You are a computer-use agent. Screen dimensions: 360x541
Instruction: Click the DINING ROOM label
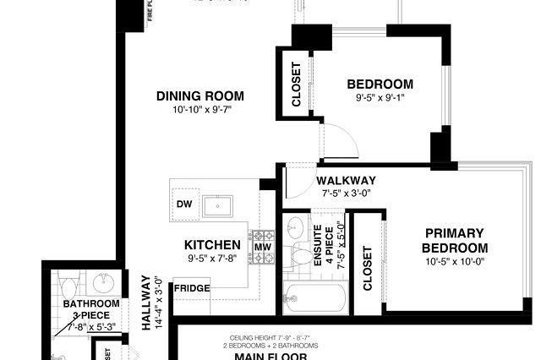[x=200, y=95]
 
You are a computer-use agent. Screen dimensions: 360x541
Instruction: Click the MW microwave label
[x=262, y=247]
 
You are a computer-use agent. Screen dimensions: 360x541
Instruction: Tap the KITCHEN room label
[x=212, y=245]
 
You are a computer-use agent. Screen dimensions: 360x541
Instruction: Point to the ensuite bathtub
[x=314, y=297]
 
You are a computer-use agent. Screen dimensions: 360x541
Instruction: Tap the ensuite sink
[x=295, y=227]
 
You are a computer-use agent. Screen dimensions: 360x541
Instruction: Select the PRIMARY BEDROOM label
[x=456, y=240]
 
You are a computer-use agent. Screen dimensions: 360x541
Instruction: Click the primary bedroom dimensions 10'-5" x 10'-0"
[x=456, y=262]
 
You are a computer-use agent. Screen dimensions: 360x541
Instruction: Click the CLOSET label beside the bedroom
[x=297, y=85]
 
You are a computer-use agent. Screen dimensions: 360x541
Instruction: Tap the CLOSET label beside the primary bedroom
[x=368, y=269]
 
